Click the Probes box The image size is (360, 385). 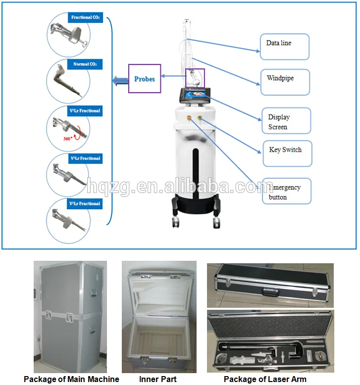(x=145, y=78)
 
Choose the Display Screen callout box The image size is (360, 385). (x=286, y=122)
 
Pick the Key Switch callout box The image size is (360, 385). (x=287, y=153)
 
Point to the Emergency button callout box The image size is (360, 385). (x=287, y=191)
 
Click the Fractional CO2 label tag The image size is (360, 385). (x=86, y=18)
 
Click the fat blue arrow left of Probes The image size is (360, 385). (x=119, y=80)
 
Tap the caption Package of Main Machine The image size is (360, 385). (x=72, y=379)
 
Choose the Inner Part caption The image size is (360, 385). (x=158, y=379)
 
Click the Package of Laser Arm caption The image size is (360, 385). (x=265, y=379)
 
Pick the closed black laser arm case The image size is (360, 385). (x=270, y=285)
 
